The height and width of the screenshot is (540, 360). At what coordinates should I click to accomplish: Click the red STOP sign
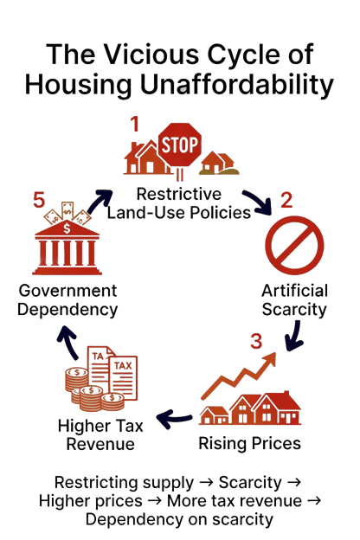pyautogui.click(x=179, y=145)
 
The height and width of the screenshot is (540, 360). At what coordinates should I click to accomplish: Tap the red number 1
pyautogui.click(x=134, y=125)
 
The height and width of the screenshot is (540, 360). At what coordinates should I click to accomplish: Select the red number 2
pyautogui.click(x=286, y=200)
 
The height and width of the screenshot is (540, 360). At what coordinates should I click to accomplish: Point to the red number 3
pyautogui.click(x=256, y=341)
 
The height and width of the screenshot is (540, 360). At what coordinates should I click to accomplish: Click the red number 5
pyautogui.click(x=39, y=200)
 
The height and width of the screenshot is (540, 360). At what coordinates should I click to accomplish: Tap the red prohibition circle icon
pyautogui.click(x=294, y=245)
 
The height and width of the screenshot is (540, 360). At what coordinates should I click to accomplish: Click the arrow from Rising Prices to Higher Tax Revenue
pyautogui.click(x=173, y=418)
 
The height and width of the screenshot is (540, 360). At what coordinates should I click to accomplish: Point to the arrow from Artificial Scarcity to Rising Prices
pyautogui.click(x=294, y=337)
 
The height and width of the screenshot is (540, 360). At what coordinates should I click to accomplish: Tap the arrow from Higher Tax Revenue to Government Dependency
pyautogui.click(x=69, y=341)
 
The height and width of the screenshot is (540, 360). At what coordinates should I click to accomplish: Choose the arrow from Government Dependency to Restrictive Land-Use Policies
pyautogui.click(x=99, y=202)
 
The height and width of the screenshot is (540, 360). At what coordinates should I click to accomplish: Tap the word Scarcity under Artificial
pyautogui.click(x=294, y=309)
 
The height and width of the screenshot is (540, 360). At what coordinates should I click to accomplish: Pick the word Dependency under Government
pyautogui.click(x=67, y=309)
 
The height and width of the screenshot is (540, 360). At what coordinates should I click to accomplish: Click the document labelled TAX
pyautogui.click(x=123, y=378)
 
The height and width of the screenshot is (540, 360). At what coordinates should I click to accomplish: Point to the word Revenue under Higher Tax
pyautogui.click(x=100, y=444)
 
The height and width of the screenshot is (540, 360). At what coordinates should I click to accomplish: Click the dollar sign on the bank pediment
pyautogui.click(x=67, y=228)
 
